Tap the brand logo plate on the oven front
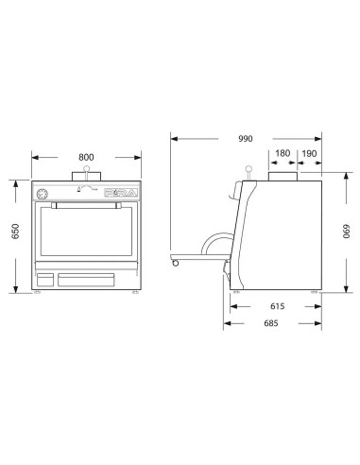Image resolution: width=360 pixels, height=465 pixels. (x=116, y=193)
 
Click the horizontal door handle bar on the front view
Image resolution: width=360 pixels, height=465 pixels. (x=85, y=203)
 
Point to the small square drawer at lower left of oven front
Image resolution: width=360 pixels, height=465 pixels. (x=43, y=280)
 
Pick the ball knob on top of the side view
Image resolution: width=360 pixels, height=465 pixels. (x=250, y=169)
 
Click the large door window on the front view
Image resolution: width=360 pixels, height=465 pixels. (x=85, y=236)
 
